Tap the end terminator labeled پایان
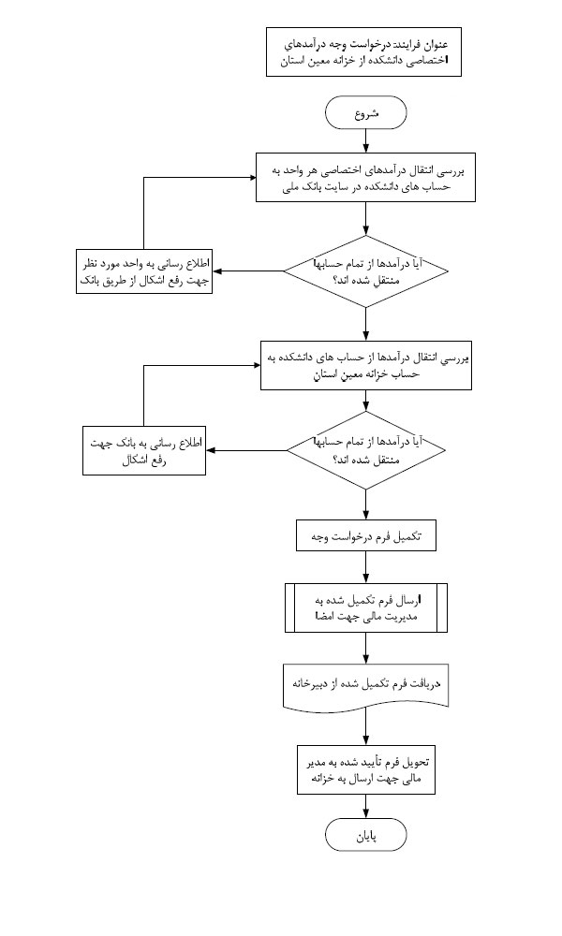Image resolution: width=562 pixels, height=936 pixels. pos(365,834)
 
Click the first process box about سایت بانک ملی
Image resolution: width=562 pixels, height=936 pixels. pos(365,177)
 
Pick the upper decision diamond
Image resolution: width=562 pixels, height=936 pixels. pos(365,271)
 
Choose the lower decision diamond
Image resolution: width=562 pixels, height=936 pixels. pos(365,450)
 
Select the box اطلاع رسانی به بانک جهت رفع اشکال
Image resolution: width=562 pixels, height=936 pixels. pos(144,451)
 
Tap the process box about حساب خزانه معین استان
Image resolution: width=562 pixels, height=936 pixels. pos(365,364)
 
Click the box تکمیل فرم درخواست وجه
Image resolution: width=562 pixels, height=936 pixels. pos(365,538)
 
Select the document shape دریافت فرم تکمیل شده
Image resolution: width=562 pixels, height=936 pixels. pos(365,684)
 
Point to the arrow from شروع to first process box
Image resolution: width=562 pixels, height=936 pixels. pos(365,140)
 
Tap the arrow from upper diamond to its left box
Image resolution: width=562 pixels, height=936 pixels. pos(248,272)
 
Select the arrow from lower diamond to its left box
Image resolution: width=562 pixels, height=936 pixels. pos(245,451)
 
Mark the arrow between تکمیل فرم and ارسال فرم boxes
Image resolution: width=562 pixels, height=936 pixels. pos(365,571)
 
